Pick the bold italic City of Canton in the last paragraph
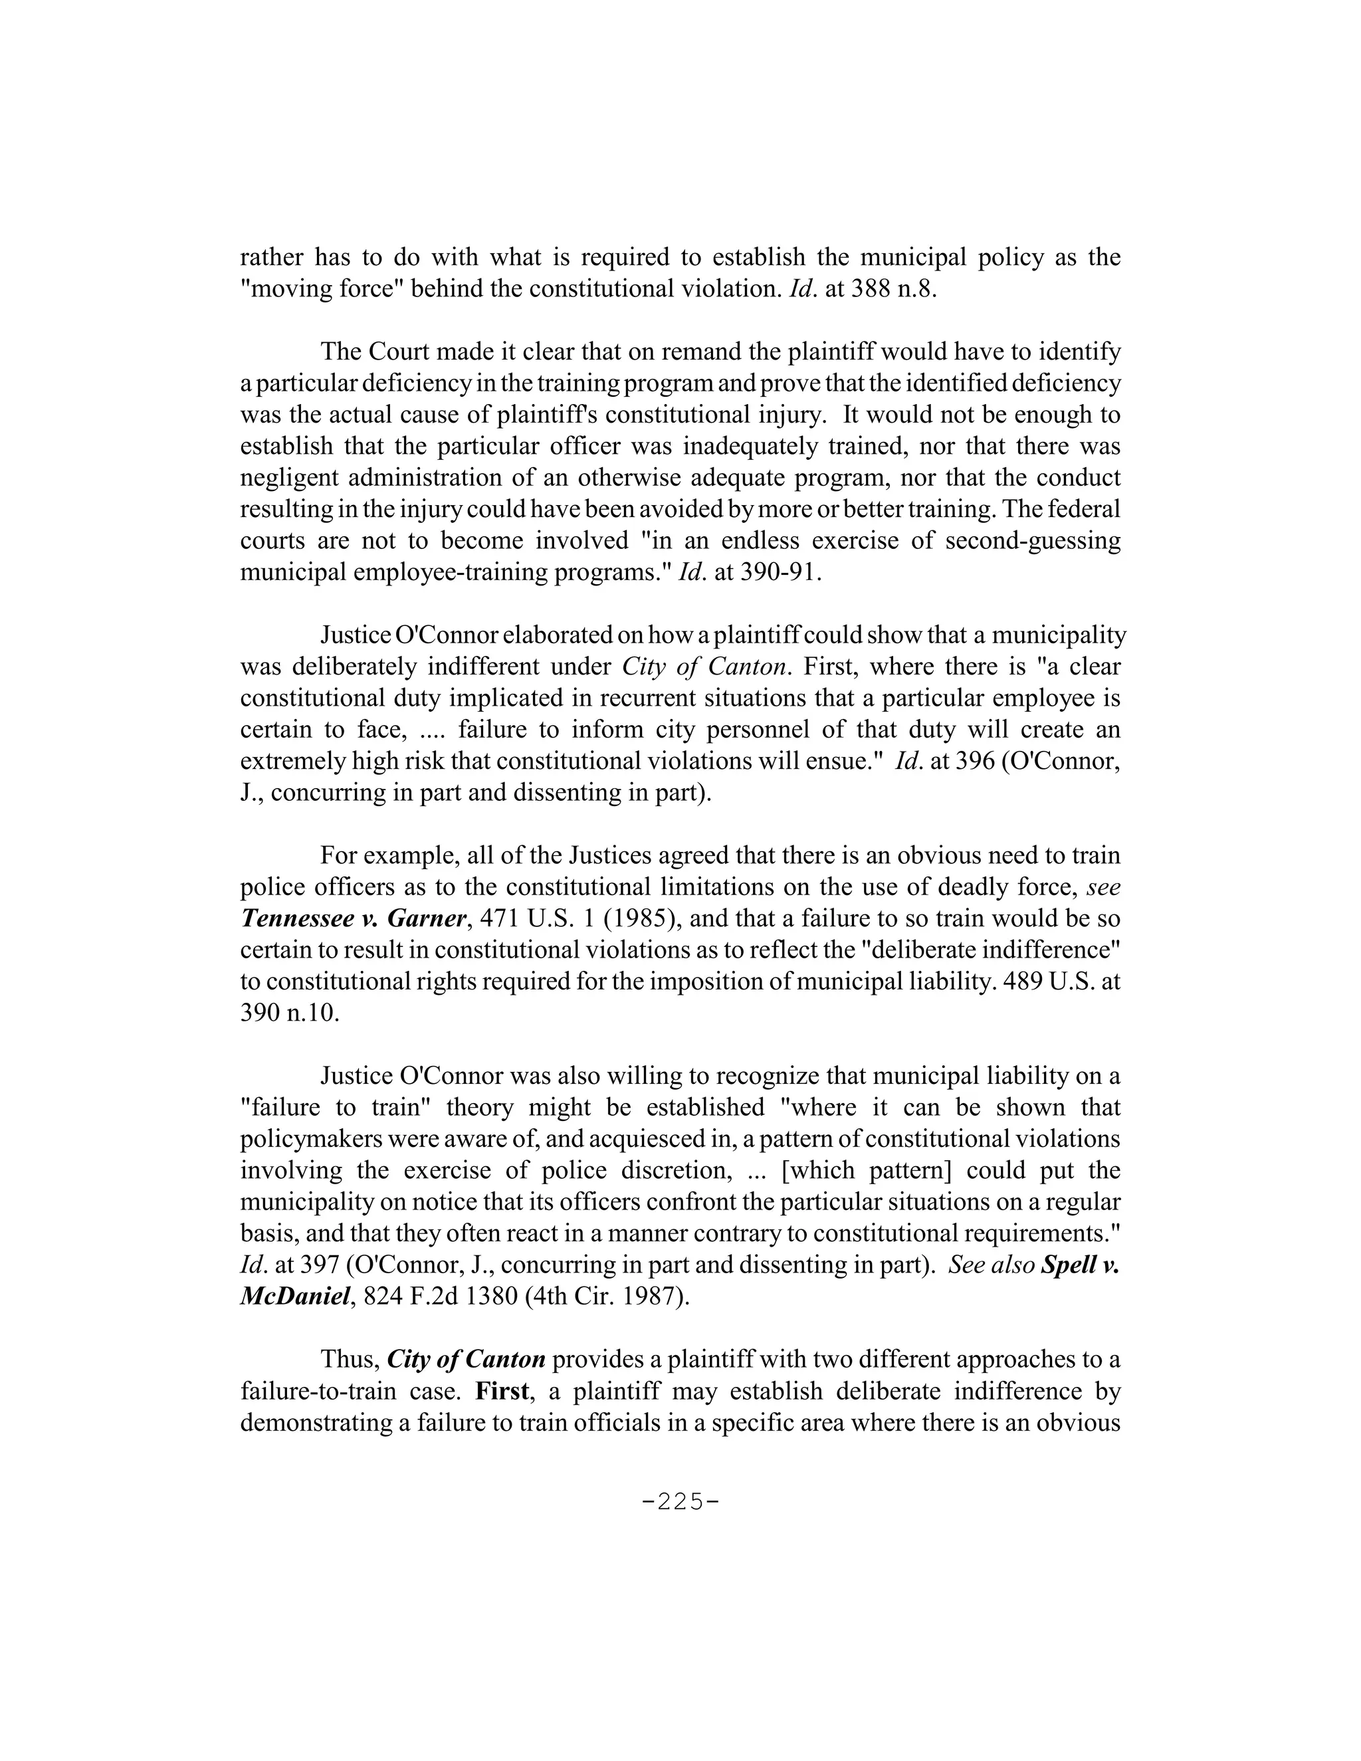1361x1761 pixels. tap(466, 1360)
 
